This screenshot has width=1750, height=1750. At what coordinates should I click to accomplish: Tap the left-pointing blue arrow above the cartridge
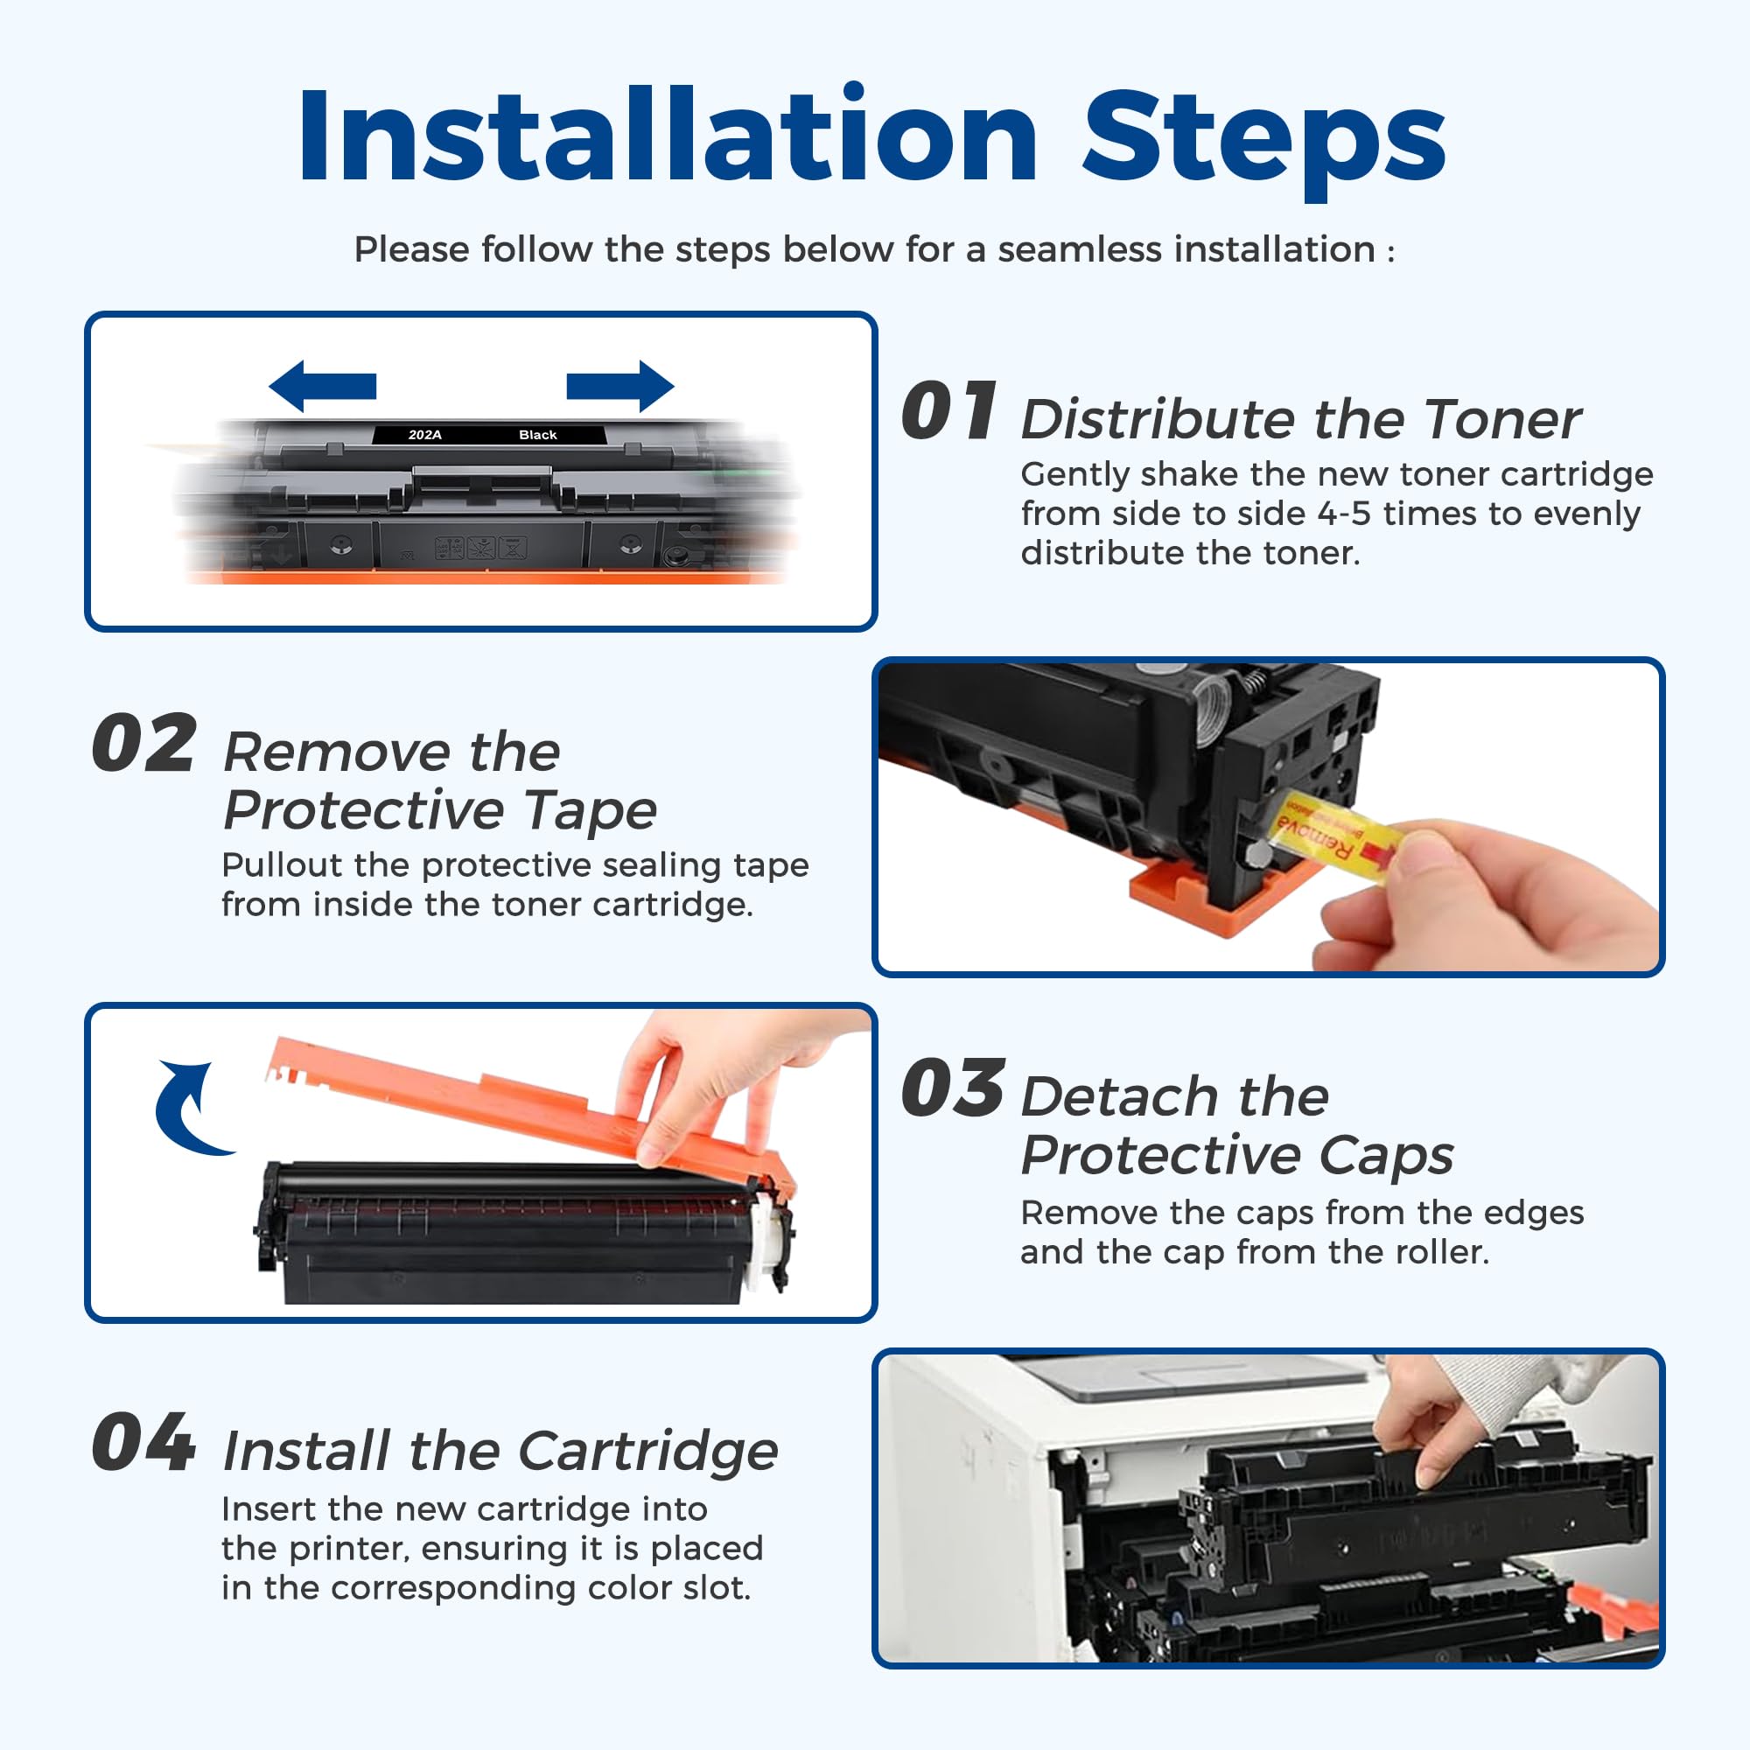point(323,386)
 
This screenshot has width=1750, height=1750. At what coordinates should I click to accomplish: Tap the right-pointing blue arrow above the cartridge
point(620,386)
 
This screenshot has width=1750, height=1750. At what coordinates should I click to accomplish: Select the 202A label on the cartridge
point(425,435)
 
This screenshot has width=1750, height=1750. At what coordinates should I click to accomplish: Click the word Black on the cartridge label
point(537,435)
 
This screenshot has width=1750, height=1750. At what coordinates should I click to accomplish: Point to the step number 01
point(948,412)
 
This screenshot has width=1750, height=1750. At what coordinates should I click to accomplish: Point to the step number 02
point(144,744)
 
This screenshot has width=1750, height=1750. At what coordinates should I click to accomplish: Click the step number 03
point(952,1088)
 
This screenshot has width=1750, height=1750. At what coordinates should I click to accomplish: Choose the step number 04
point(144,1442)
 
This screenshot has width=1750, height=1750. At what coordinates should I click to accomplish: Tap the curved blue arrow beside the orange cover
point(190,1109)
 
